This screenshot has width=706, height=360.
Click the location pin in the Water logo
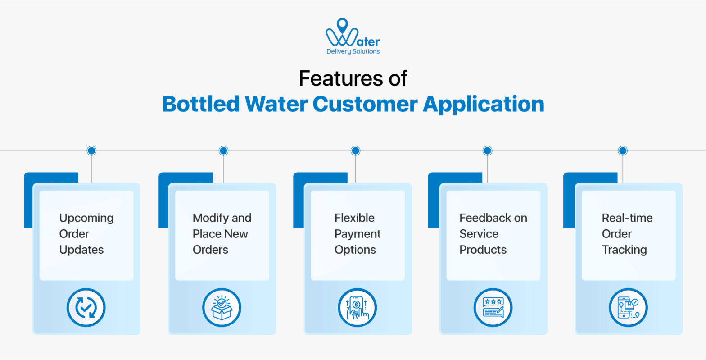(342, 24)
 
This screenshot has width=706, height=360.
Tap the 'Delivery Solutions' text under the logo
(353, 51)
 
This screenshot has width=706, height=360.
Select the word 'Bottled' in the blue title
(201, 104)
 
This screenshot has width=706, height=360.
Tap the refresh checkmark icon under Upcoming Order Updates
(86, 308)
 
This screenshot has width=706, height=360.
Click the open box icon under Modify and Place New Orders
(222, 308)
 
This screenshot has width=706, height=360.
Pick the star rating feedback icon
(493, 308)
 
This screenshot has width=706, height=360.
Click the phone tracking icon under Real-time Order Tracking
(628, 308)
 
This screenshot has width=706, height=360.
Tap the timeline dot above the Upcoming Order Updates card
(91, 150)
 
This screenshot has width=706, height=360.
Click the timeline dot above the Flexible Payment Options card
(355, 150)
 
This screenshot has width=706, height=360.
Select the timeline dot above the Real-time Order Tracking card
(622, 150)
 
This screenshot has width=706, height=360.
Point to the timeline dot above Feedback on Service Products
(487, 150)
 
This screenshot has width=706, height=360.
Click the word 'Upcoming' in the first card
(86, 218)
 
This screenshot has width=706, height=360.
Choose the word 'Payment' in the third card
(358, 234)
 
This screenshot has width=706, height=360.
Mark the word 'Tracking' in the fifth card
(624, 250)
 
